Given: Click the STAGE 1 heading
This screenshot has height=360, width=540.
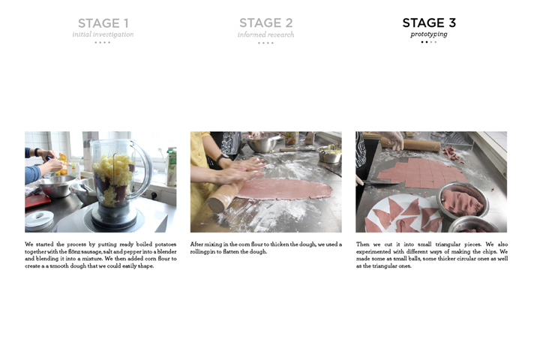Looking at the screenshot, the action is coord(103,23).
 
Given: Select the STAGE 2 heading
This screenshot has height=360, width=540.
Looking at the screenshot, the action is coord(265,22).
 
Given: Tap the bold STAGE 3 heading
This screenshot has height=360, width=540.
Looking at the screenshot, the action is coord(429,22).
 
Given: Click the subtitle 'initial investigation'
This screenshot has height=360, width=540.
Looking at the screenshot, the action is coord(103,34).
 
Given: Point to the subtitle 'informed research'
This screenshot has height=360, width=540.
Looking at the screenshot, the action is coord(265,34).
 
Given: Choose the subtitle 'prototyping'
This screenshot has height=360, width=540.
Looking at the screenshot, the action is coord(429,34).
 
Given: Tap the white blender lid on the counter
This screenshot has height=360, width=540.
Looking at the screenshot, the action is coord(39,220).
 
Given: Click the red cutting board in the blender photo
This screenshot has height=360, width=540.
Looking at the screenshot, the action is coord(36,200).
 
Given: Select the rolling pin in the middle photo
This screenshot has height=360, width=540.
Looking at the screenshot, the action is coord(226,196).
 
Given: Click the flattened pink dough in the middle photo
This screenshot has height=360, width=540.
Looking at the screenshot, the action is coord(284,189).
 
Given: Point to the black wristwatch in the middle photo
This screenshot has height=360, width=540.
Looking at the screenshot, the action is coord(221,158).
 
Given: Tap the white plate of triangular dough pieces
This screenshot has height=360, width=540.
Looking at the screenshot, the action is coord(403,214).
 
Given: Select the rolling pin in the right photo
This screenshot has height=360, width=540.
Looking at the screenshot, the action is coord(410,144).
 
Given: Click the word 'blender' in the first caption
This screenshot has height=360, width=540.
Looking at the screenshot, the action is coord(166,251).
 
